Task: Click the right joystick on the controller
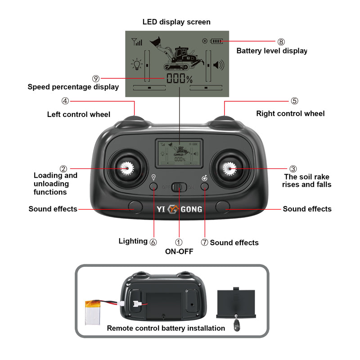230,169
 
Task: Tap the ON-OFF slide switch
180,186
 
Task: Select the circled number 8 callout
281,42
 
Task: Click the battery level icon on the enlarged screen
217,41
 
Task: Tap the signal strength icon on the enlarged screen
137,42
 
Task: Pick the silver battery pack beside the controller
95,313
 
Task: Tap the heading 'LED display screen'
176,22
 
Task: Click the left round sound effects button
135,207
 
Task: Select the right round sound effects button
222,207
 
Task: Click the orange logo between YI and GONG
174,209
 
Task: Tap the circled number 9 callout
96,78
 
